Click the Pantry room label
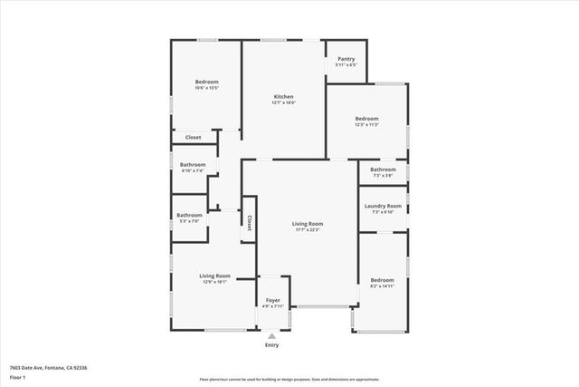click(x=346, y=59)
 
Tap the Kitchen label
click(x=284, y=96)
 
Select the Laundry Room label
click(x=383, y=206)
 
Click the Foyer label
click(x=272, y=300)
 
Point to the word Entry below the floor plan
click(x=271, y=345)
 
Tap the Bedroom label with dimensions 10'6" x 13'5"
click(x=207, y=82)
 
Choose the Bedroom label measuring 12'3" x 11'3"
click(x=366, y=119)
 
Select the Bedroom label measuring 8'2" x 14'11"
click(x=382, y=280)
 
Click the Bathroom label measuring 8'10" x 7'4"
click(x=194, y=164)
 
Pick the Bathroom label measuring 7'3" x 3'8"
click(x=383, y=169)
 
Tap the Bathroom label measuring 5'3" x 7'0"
click(x=189, y=215)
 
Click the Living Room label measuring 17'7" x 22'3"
click(x=308, y=224)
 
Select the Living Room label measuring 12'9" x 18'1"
click(x=215, y=276)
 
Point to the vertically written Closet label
click(x=248, y=222)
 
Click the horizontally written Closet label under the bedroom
click(x=194, y=138)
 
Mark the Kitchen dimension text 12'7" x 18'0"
click(x=284, y=102)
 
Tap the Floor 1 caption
click(x=16, y=376)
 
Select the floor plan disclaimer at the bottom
click(x=289, y=380)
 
